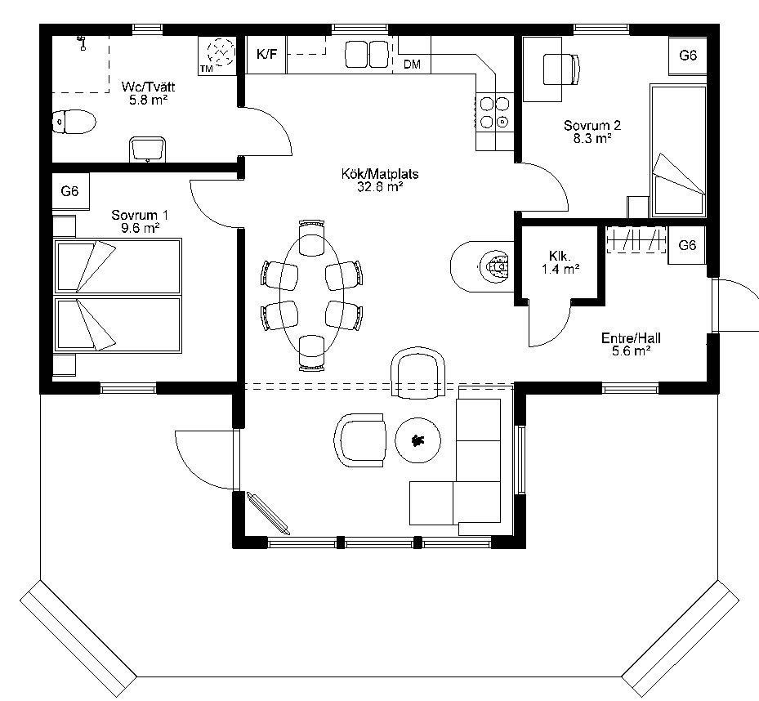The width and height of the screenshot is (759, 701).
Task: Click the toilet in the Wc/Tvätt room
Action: [74, 122]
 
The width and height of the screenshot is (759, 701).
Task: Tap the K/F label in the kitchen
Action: [266, 54]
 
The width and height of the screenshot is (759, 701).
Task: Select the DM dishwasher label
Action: [412, 64]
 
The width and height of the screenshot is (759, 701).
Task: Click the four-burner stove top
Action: [494, 112]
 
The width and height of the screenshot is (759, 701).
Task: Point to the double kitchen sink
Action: [367, 54]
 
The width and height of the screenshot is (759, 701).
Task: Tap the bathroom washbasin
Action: [148, 150]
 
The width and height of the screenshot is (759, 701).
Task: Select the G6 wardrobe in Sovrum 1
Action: [70, 191]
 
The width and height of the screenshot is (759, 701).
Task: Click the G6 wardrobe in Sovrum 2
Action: [688, 56]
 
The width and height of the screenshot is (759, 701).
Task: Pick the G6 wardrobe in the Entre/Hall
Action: [687, 245]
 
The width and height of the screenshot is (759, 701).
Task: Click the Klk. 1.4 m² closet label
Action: [560, 262]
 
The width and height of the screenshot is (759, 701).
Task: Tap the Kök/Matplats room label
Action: [380, 180]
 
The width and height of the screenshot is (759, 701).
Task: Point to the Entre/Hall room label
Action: [631, 344]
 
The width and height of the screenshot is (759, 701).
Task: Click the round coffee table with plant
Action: [417, 440]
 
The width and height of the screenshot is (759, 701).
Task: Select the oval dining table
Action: [312, 295]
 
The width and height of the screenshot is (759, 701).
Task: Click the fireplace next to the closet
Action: [482, 266]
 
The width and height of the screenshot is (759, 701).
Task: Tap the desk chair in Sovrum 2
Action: [561, 69]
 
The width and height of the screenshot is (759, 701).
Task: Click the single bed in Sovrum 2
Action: [678, 150]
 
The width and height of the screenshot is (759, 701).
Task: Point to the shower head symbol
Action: [82, 43]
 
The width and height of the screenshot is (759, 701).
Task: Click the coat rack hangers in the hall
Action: [636, 239]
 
